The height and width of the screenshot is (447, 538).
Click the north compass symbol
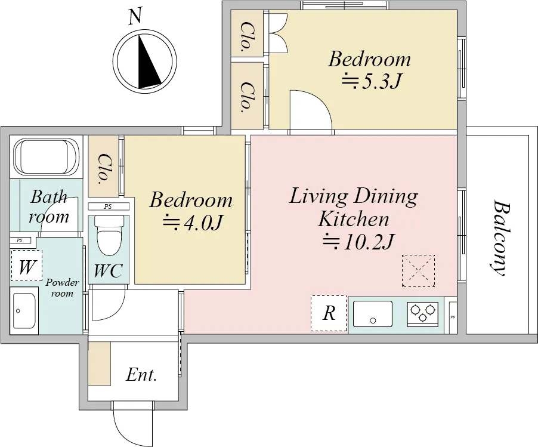tap(145, 61)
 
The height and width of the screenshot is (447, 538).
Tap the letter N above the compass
tap(135, 16)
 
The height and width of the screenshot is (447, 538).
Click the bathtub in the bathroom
tap(47, 157)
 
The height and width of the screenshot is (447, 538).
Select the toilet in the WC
tap(109, 235)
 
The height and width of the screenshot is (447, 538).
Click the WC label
tap(108, 270)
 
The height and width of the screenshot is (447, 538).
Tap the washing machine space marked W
tap(27, 266)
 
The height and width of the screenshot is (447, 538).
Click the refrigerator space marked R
tap(329, 313)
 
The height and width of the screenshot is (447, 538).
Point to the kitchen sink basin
tap(373, 314)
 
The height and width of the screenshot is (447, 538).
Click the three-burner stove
tap(422, 314)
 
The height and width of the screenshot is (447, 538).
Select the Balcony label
tap(500, 238)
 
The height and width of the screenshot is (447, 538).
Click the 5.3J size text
tap(371, 81)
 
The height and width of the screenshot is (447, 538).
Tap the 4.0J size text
tap(193, 223)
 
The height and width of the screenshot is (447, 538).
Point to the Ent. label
tap(141, 375)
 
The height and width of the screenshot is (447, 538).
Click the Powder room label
tap(62, 288)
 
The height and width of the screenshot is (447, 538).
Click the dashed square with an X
tap(418, 271)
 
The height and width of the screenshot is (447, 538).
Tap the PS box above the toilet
tap(109, 206)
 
